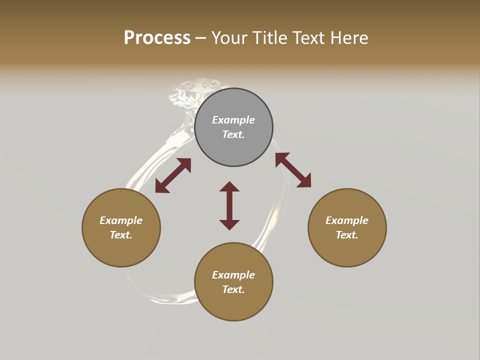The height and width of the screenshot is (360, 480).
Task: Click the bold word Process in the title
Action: click(157, 38)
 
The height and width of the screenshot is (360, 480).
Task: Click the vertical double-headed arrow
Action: click(229, 205)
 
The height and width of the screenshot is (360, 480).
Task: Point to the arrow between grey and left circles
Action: click(173, 175)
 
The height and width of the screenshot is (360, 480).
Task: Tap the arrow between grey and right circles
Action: click(293, 170)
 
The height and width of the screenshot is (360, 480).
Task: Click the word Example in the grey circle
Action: click(233, 120)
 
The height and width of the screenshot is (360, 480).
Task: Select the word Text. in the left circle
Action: click(121, 235)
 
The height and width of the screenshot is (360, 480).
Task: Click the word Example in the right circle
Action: click(347, 220)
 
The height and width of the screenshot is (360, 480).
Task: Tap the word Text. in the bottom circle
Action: click(233, 289)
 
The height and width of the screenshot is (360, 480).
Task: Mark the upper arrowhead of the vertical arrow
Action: click(229, 186)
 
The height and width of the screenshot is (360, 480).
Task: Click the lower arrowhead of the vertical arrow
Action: click(229, 224)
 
